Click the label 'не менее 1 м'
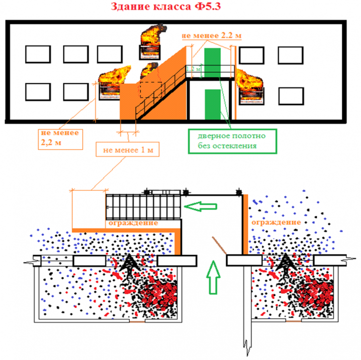(x=128, y=150)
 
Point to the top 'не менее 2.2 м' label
(x=212, y=36)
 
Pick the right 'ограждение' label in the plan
(x=276, y=222)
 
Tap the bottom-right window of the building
(x=291, y=95)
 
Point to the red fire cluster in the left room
(x=156, y=293)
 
